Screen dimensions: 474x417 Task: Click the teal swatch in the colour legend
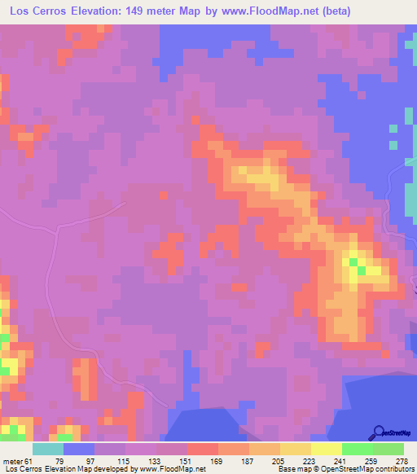click(x=48, y=449)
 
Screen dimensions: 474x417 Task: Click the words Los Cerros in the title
click(x=39, y=11)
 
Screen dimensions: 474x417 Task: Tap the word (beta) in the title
click(x=334, y=11)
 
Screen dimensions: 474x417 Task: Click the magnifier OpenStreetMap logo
click(x=380, y=434)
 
